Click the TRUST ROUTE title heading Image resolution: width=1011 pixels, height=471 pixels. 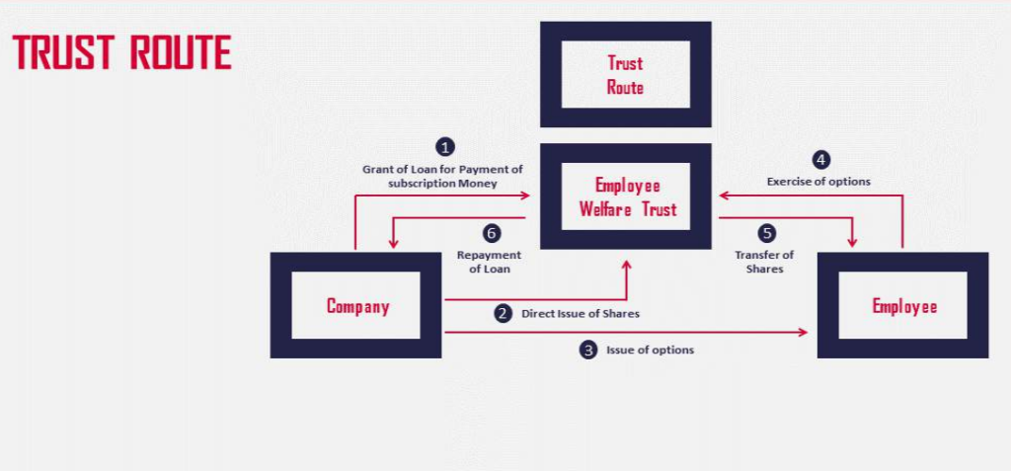(x=122, y=53)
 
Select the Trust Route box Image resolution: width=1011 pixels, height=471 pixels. (x=625, y=75)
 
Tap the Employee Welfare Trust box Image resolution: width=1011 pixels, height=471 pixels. (x=626, y=196)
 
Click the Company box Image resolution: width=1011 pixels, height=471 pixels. (x=357, y=306)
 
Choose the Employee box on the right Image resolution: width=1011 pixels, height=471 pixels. (x=902, y=306)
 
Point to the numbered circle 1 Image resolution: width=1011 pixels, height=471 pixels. (x=446, y=148)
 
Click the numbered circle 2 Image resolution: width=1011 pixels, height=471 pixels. (x=504, y=314)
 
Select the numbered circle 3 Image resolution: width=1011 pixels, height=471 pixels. (x=588, y=350)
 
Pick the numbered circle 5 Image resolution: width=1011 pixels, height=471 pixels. (x=767, y=234)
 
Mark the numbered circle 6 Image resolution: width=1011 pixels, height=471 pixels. (x=491, y=234)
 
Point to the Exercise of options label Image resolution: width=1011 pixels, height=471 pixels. (x=818, y=182)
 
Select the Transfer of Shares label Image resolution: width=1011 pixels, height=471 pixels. (x=764, y=262)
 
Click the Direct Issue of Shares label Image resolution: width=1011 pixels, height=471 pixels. (x=580, y=314)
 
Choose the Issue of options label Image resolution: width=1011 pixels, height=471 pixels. (x=650, y=350)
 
